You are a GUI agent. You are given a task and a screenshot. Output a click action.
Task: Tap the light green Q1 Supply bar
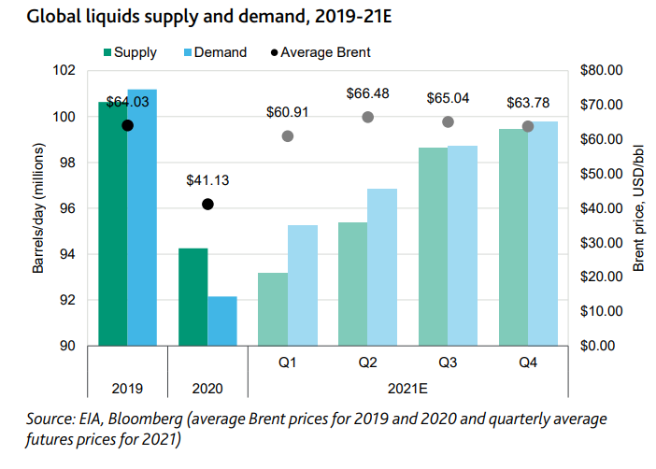tap(273, 308)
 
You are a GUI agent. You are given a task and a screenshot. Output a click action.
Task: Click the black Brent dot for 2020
tap(207, 204)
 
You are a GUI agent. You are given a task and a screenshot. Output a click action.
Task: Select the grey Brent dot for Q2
tap(367, 117)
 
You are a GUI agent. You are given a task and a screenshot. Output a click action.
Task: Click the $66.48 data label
tap(367, 94)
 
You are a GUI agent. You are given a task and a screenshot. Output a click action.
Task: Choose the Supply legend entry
tap(131, 52)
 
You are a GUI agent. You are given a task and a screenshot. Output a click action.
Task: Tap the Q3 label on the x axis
tap(448, 361)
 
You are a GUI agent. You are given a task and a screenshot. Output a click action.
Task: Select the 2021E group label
tap(407, 385)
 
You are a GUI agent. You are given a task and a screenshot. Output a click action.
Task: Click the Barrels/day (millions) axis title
tap(37, 207)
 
